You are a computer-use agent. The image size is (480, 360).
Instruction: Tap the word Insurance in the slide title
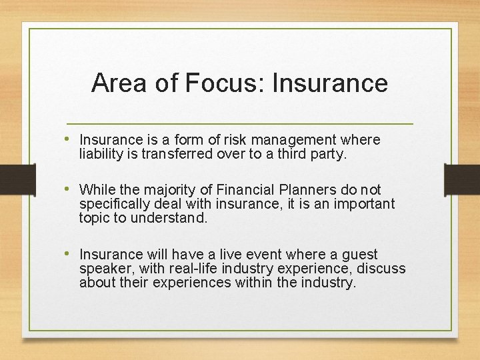[x=330, y=83]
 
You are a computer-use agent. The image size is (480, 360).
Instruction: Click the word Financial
[x=244, y=190]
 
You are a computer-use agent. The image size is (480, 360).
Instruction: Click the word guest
[x=358, y=254]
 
